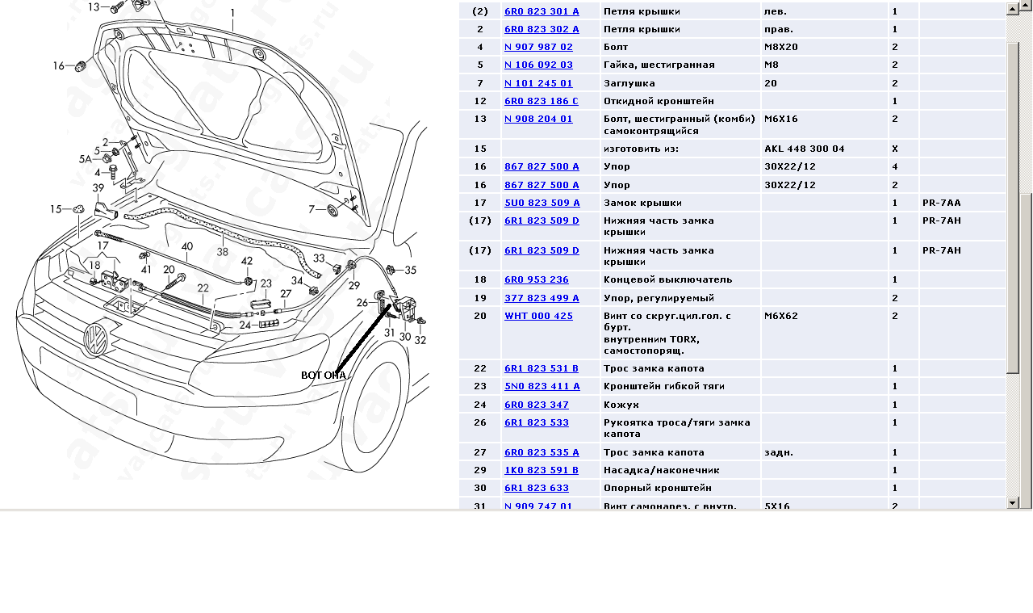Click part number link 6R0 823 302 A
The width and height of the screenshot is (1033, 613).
point(542,29)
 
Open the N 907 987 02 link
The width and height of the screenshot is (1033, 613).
point(538,47)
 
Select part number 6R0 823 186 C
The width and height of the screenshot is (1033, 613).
point(541,101)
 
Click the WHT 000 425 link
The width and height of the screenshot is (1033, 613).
point(538,316)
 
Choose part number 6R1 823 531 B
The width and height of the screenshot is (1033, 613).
point(541,368)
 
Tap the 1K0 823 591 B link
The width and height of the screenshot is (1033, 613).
point(541,470)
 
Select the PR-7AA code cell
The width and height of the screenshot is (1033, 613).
point(941,203)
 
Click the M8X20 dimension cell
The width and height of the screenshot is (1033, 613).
point(780,47)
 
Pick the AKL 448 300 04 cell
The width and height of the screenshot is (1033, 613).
point(805,149)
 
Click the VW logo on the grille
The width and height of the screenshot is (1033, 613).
point(95,340)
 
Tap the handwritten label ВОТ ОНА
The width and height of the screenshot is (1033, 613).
point(324,376)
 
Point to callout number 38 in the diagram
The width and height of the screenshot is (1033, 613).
point(222,251)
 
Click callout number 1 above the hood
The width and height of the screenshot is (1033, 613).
point(233,12)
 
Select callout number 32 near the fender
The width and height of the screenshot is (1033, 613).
point(420,340)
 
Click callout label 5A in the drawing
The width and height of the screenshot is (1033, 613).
point(86,159)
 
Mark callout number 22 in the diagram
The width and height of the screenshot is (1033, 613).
point(203,288)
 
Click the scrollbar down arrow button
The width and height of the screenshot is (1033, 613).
point(1012,502)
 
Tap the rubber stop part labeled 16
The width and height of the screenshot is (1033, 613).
point(80,66)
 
